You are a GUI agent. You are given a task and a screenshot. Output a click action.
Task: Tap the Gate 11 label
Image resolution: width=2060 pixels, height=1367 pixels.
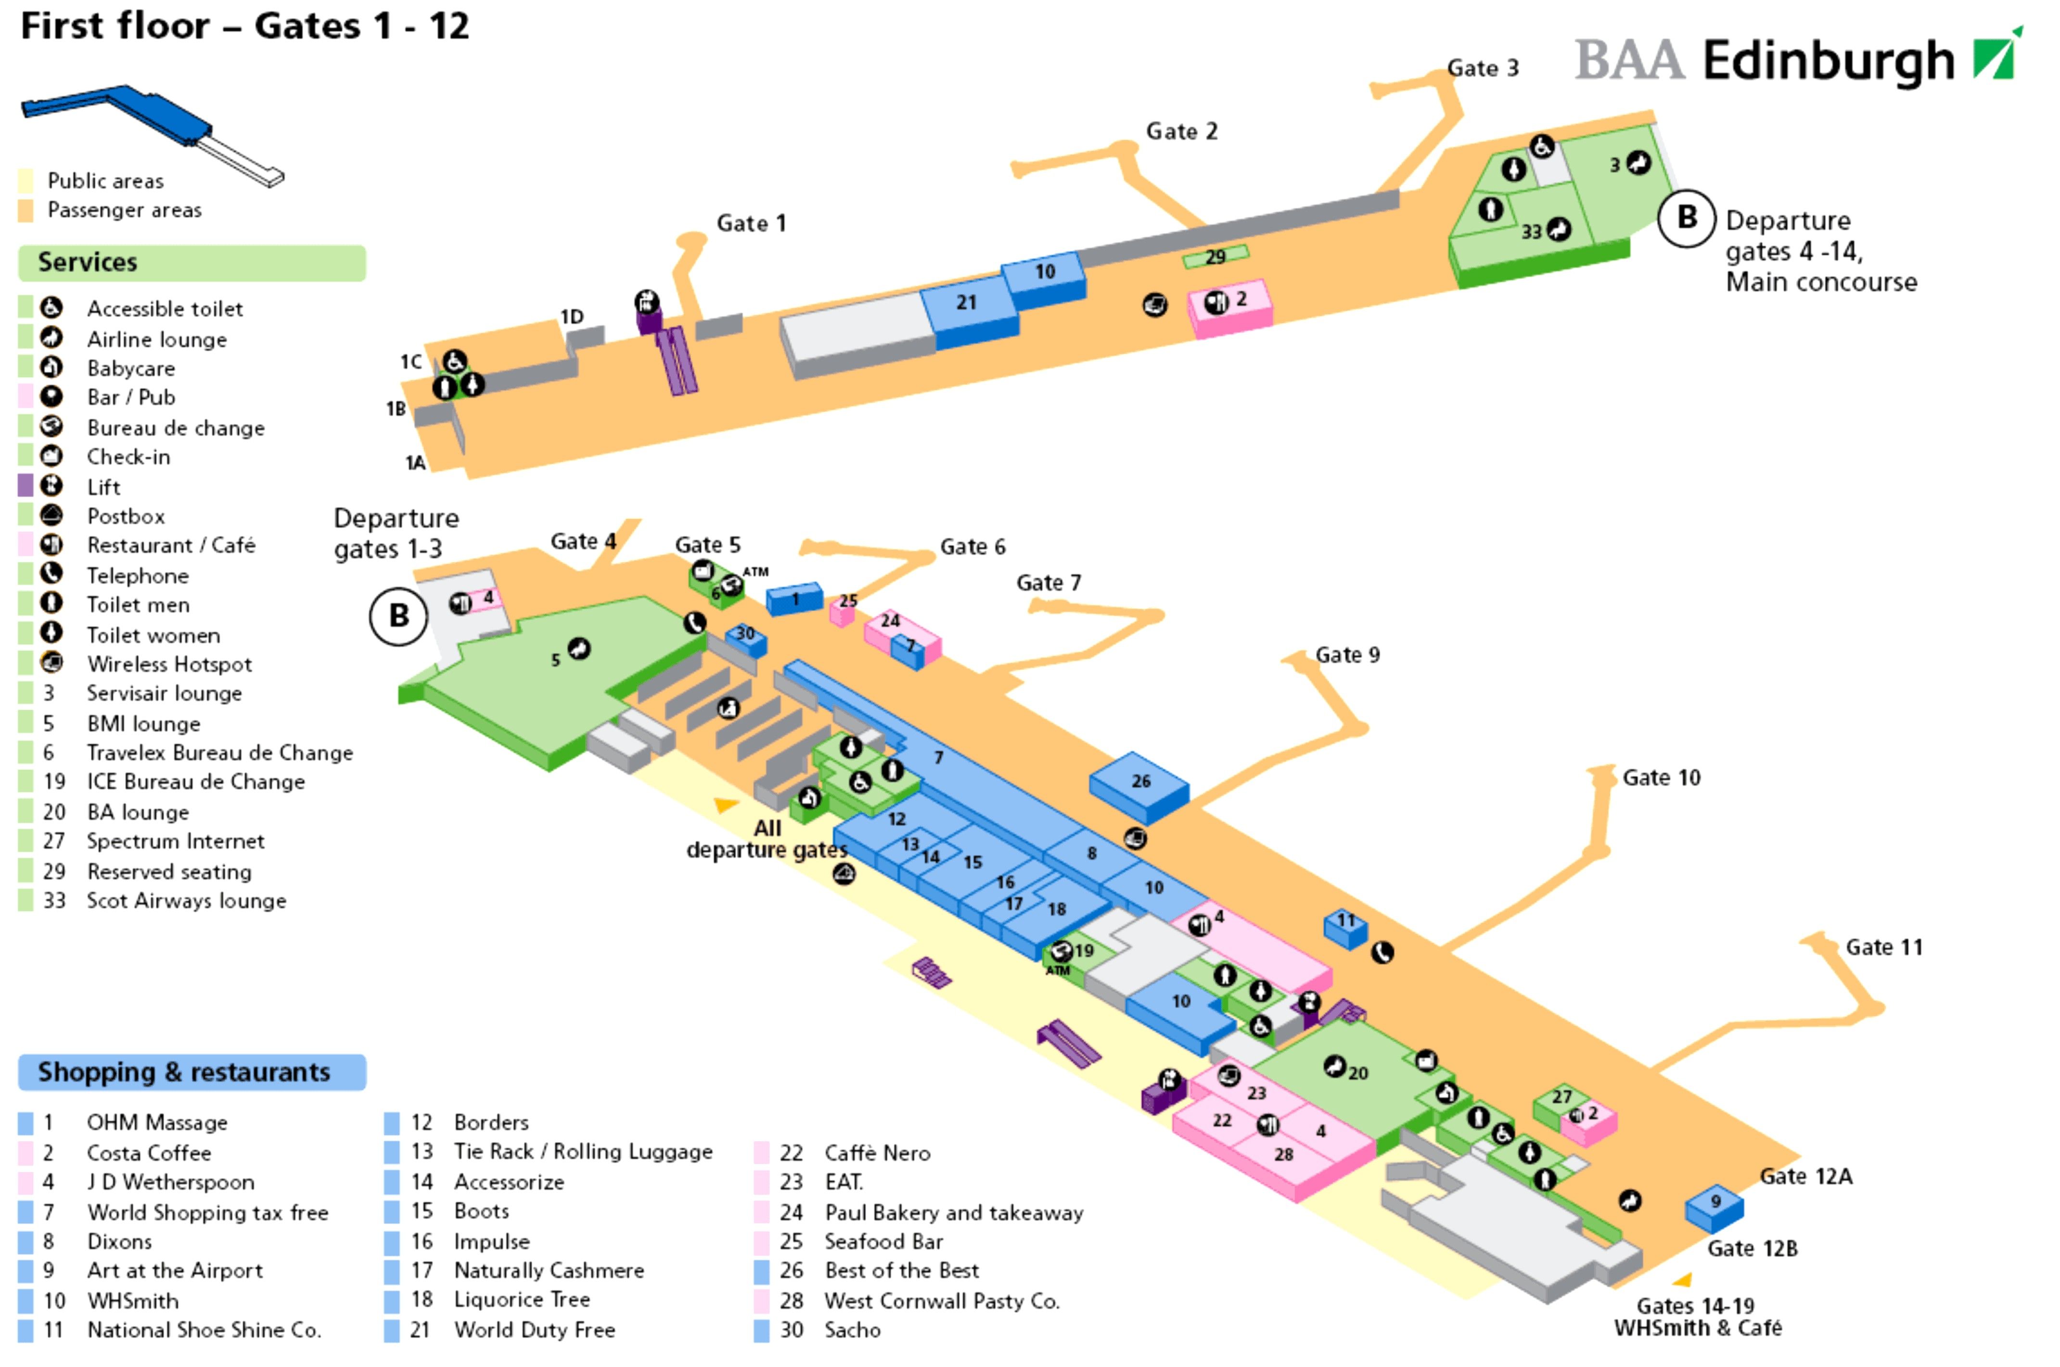tap(1883, 947)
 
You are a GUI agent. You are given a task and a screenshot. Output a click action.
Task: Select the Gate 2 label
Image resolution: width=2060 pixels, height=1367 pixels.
tap(1181, 132)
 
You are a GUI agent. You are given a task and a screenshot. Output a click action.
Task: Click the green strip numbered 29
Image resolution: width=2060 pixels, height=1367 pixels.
tap(1215, 256)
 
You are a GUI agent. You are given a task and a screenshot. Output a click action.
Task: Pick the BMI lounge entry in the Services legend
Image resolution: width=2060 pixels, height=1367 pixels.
tap(143, 724)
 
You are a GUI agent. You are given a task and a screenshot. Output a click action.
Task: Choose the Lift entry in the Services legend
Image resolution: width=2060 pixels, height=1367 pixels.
tap(104, 487)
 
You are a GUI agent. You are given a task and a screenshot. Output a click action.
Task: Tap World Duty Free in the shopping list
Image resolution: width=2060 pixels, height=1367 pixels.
tap(535, 1329)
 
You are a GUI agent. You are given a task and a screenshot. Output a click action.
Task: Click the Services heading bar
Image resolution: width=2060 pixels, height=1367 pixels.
tap(192, 262)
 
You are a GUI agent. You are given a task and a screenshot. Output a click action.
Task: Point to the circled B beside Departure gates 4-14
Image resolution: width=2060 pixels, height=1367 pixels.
tap(1686, 218)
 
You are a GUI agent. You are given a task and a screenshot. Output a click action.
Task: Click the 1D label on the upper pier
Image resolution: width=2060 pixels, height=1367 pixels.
tap(572, 317)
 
